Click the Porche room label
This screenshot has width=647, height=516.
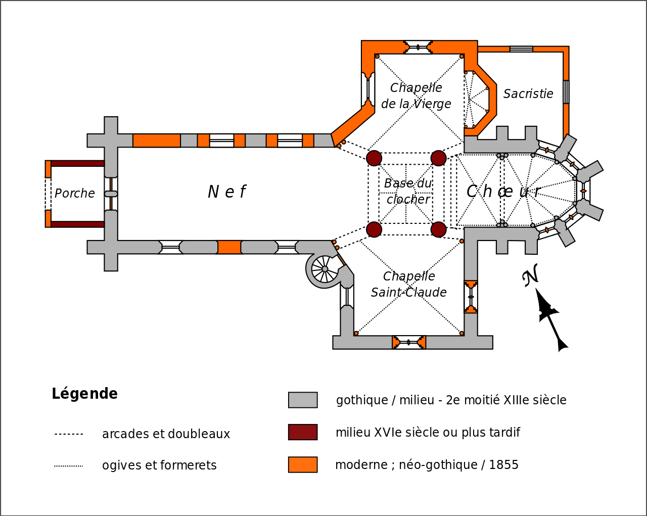[x=75, y=194]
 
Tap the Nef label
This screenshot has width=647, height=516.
[x=227, y=192]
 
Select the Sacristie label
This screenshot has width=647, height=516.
[x=528, y=94]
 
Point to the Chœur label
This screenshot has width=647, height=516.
[x=503, y=192]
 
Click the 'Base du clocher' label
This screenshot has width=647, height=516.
[x=408, y=191]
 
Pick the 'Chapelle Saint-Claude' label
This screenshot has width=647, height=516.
[x=409, y=285]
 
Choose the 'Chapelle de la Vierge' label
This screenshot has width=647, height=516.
[x=416, y=96]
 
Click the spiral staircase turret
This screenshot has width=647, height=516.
[x=324, y=269]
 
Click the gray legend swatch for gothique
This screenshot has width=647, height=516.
[x=303, y=400]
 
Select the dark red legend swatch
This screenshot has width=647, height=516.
[x=303, y=432]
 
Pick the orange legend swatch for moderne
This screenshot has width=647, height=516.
[x=303, y=464]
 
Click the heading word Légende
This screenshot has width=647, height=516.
[x=84, y=394]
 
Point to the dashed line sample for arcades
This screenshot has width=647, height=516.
[x=69, y=434]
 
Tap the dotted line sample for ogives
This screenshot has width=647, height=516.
[x=69, y=466]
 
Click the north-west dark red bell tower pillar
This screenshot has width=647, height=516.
[x=374, y=158]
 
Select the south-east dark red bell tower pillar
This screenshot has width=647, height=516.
[x=438, y=229]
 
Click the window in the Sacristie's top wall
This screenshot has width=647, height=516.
[x=521, y=49]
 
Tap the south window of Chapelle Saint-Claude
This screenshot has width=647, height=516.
[x=409, y=342]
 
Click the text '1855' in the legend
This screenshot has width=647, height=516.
[x=503, y=465]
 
